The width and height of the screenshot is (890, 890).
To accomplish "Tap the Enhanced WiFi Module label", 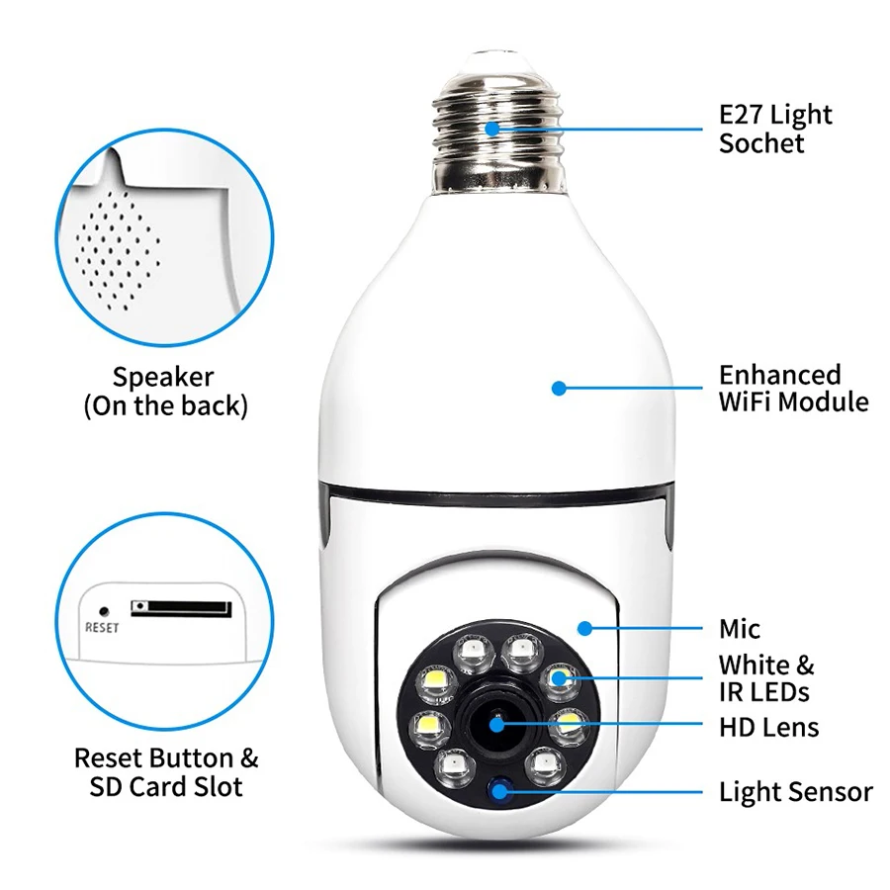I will pyautogui.click(x=793, y=389).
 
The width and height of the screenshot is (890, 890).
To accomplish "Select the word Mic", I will pyautogui.click(x=740, y=629).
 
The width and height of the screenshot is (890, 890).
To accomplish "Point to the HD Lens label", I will pyautogui.click(x=768, y=729).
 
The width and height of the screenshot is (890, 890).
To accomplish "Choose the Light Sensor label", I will pyautogui.click(x=795, y=792).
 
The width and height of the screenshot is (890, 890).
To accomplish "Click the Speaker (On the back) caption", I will pyautogui.click(x=164, y=392).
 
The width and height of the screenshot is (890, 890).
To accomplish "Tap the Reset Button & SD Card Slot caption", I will pyautogui.click(x=166, y=773).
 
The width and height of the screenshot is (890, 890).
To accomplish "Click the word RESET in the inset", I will pyautogui.click(x=102, y=628).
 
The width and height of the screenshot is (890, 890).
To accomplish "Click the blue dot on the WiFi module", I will pyautogui.click(x=559, y=389).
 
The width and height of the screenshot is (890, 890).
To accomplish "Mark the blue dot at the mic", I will pyautogui.click(x=584, y=627).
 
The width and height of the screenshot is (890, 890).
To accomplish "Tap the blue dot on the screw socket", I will pyautogui.click(x=492, y=128).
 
